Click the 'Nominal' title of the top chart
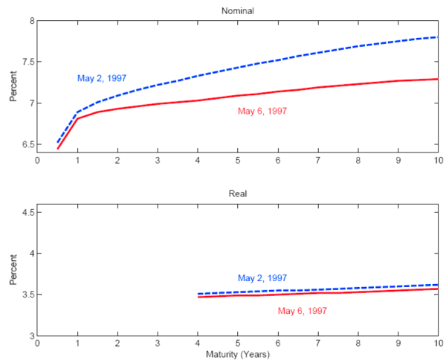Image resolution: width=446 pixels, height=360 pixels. point(236,10)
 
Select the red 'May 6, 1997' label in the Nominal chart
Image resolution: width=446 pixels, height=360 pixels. point(262,111)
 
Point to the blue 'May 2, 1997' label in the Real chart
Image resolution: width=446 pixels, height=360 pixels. point(262,278)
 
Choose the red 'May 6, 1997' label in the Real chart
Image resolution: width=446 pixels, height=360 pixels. point(303,311)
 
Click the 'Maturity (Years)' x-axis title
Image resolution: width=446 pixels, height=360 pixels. point(236,355)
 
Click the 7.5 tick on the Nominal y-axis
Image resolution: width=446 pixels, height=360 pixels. point(26,62)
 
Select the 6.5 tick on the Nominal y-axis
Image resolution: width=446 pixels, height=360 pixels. point(26,144)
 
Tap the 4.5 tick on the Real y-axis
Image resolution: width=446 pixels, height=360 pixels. point(26,213)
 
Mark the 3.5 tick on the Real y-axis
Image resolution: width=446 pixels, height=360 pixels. point(26,295)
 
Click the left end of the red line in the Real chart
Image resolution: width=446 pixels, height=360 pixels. point(198,297)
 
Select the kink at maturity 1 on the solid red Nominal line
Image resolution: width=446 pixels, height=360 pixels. point(77,119)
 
